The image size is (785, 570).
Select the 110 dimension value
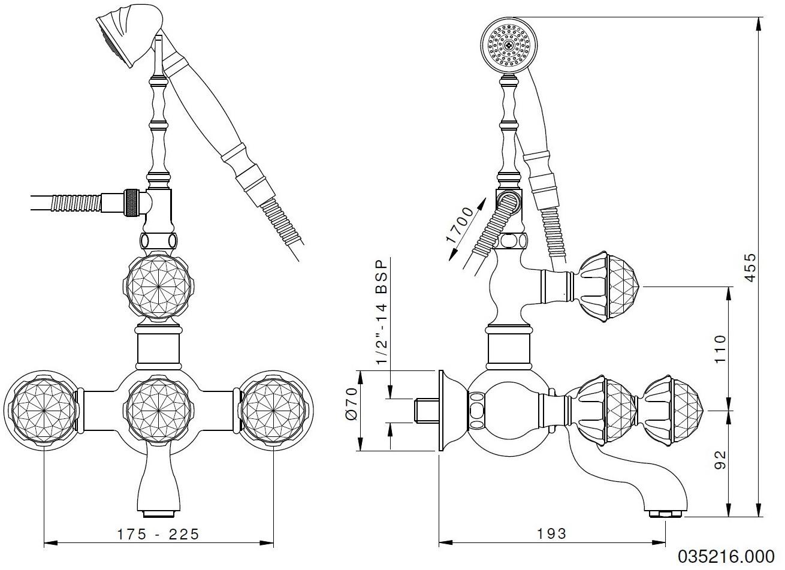point(720,348)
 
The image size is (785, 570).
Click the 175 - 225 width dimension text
point(158,533)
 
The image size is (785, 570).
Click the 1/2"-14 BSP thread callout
point(381,312)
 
